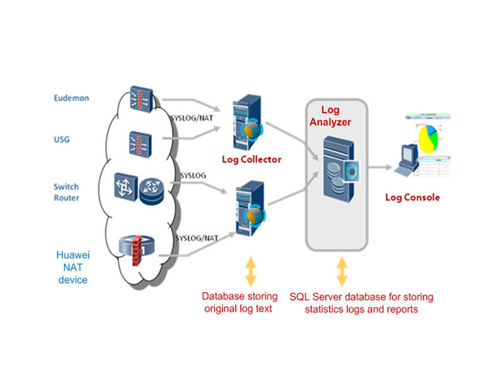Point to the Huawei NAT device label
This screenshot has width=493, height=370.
coord(72,267)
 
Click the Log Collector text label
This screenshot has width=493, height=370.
coord(251,160)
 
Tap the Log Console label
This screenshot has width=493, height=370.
coord(412,197)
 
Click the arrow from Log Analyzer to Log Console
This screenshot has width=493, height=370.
coord(378,166)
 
